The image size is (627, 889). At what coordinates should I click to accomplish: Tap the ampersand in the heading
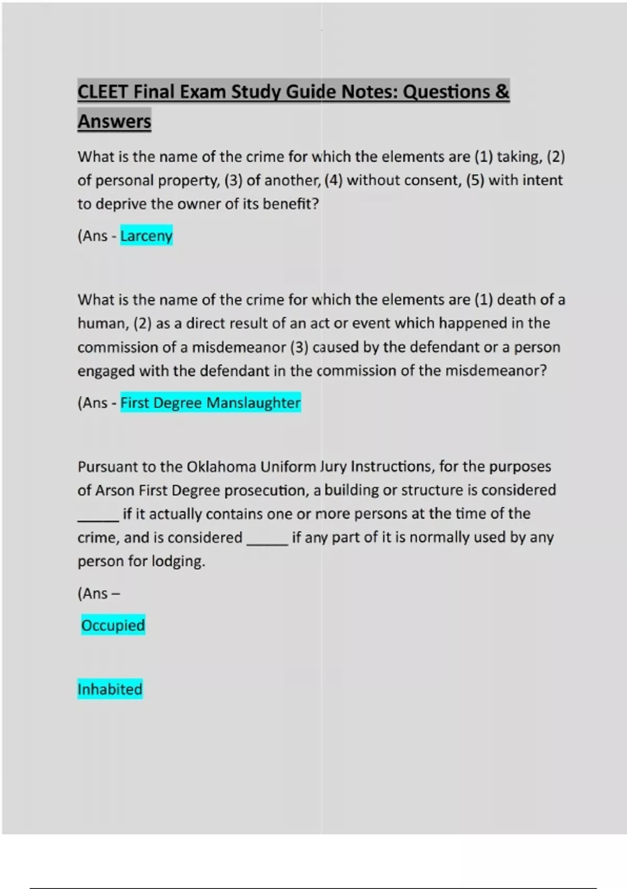pyautogui.click(x=502, y=92)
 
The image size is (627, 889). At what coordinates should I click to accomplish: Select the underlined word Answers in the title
pyautogui.click(x=114, y=122)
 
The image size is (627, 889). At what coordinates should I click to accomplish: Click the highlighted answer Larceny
pyautogui.click(x=146, y=236)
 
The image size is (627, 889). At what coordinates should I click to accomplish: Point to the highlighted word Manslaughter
pyautogui.click(x=253, y=403)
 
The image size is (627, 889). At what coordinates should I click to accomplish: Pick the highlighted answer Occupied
pyautogui.click(x=113, y=625)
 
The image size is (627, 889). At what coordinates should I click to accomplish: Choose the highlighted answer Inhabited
pyautogui.click(x=110, y=689)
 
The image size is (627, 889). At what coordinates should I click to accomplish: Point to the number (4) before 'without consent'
pyautogui.click(x=333, y=180)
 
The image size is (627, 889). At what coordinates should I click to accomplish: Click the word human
pyautogui.click(x=102, y=324)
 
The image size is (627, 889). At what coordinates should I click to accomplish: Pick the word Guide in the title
pyautogui.click(x=311, y=92)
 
